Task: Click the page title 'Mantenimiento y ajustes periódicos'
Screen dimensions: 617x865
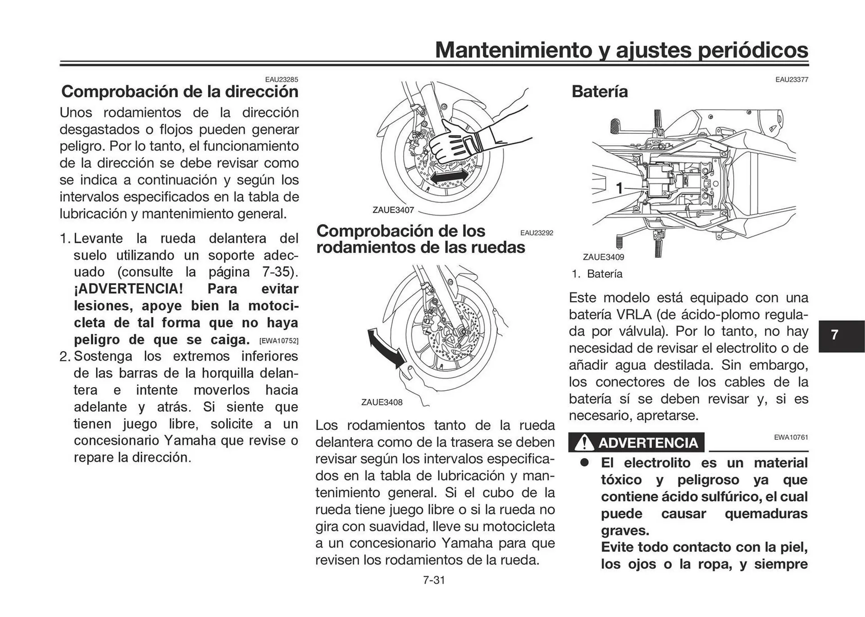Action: point(621,50)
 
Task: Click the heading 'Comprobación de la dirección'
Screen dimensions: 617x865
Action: point(180,91)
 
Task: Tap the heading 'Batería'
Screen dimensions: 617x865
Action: point(599,91)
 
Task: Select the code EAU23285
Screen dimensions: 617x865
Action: point(281,80)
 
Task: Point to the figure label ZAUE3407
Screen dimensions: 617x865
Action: point(393,210)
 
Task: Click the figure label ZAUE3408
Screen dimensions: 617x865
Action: point(382,402)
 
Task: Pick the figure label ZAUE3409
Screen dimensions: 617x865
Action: point(603,257)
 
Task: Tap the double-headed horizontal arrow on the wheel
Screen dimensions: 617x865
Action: point(449,177)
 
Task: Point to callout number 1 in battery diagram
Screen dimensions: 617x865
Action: point(619,188)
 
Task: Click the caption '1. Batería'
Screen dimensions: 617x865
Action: point(597,274)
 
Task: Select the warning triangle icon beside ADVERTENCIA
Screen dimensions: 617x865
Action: point(584,443)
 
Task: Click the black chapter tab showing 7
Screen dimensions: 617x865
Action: point(835,335)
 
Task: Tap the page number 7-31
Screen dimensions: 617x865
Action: point(434,580)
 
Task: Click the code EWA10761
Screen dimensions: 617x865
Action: point(791,437)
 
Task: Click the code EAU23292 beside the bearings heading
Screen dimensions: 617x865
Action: point(537,233)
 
